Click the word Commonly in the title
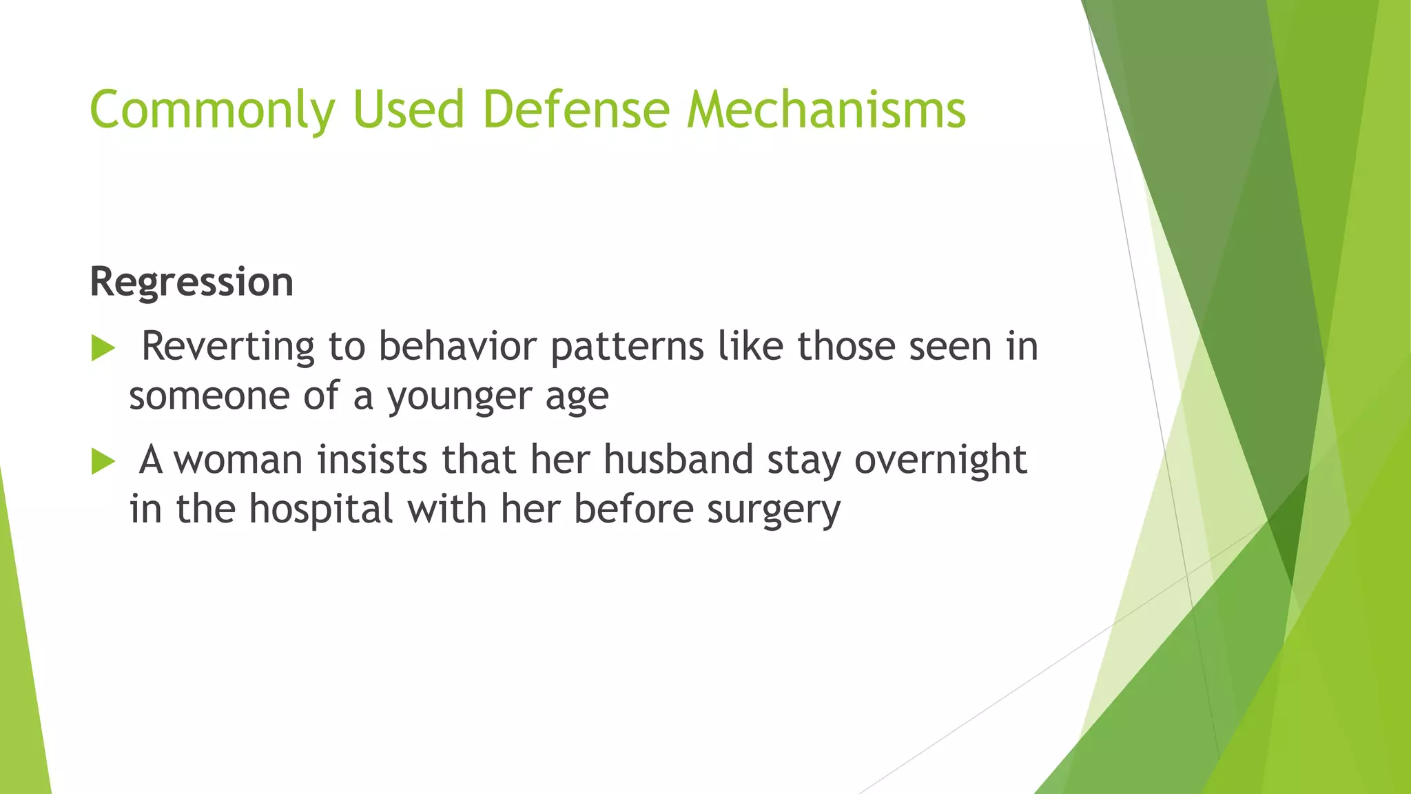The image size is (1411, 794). (x=212, y=110)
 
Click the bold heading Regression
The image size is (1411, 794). (x=192, y=283)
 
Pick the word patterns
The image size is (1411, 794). (x=627, y=347)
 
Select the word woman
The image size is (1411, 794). (x=238, y=460)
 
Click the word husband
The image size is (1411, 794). (x=679, y=460)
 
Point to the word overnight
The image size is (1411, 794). (x=940, y=461)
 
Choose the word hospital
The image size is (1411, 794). (x=320, y=510)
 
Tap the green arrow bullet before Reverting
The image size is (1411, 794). (x=103, y=348)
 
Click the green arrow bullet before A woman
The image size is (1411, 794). (x=103, y=461)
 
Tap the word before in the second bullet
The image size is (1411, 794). (x=633, y=510)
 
